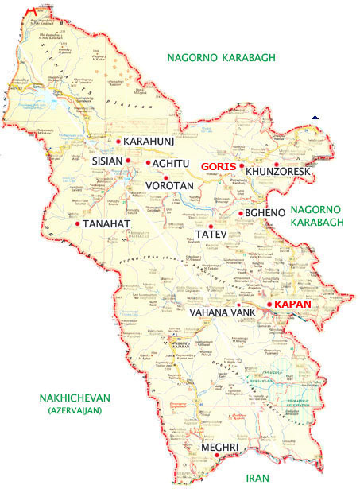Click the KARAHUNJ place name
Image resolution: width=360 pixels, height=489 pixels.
pyautogui.click(x=149, y=142)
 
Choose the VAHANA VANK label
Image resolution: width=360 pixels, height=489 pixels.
pyautogui.click(x=222, y=313)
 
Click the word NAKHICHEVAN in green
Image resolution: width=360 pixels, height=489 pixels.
pyautogui.click(x=67, y=398)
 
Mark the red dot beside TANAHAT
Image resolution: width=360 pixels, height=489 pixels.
pyautogui.click(x=77, y=223)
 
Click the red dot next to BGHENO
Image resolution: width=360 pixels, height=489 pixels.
pyautogui.click(x=241, y=213)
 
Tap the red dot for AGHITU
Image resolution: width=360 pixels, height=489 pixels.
pyautogui.click(x=148, y=163)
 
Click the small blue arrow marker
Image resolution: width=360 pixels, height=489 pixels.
pyautogui.click(x=315, y=118)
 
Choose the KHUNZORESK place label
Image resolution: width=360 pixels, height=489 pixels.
pyautogui.click(x=277, y=172)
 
